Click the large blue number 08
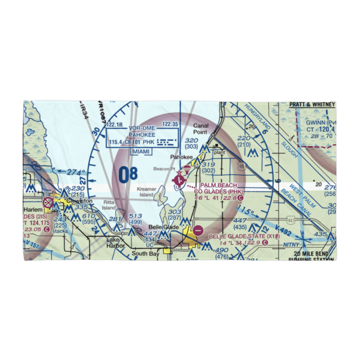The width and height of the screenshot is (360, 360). point(128,174)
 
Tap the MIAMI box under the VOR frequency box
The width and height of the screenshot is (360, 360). point(141,152)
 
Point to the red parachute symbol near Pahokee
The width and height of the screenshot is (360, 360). point(186,169)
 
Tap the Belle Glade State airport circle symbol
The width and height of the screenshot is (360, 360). point(198,229)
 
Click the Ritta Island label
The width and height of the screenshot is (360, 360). point(109,205)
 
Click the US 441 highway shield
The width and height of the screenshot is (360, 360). point(291,220)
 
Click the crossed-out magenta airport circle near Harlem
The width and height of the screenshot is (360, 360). point(48,203)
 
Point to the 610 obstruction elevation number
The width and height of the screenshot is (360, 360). point(89,216)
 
